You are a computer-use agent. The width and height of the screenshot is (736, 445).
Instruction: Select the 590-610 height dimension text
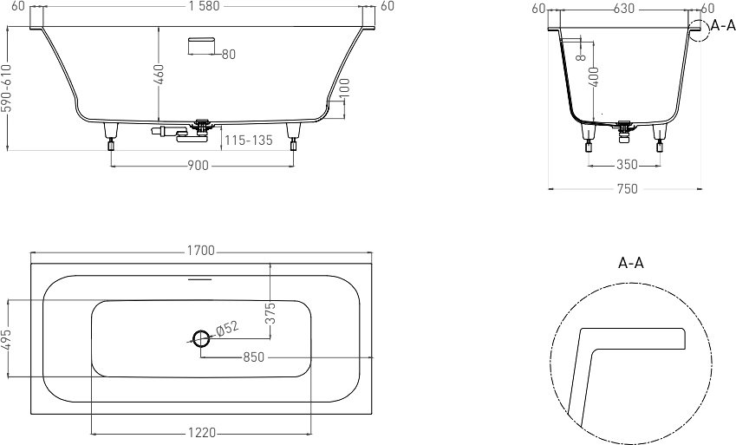point(5,88)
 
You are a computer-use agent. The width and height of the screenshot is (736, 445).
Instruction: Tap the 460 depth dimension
point(160,75)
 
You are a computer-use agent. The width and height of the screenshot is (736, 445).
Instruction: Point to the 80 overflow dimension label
point(228,55)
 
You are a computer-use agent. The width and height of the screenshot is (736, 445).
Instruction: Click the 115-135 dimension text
point(248,140)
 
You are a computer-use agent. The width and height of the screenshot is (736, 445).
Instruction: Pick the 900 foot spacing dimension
point(198,166)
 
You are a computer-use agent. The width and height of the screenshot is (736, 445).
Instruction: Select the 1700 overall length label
point(201,251)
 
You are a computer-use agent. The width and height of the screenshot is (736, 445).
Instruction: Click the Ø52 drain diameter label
point(228,329)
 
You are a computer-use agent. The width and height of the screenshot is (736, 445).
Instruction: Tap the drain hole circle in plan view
point(201,337)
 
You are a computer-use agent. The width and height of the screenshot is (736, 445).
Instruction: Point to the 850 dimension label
point(253,357)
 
